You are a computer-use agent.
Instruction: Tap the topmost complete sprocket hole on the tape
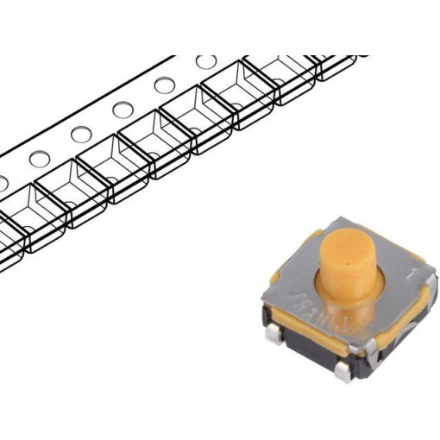click(205, 62)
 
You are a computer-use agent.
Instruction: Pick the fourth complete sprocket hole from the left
click(164, 86)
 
